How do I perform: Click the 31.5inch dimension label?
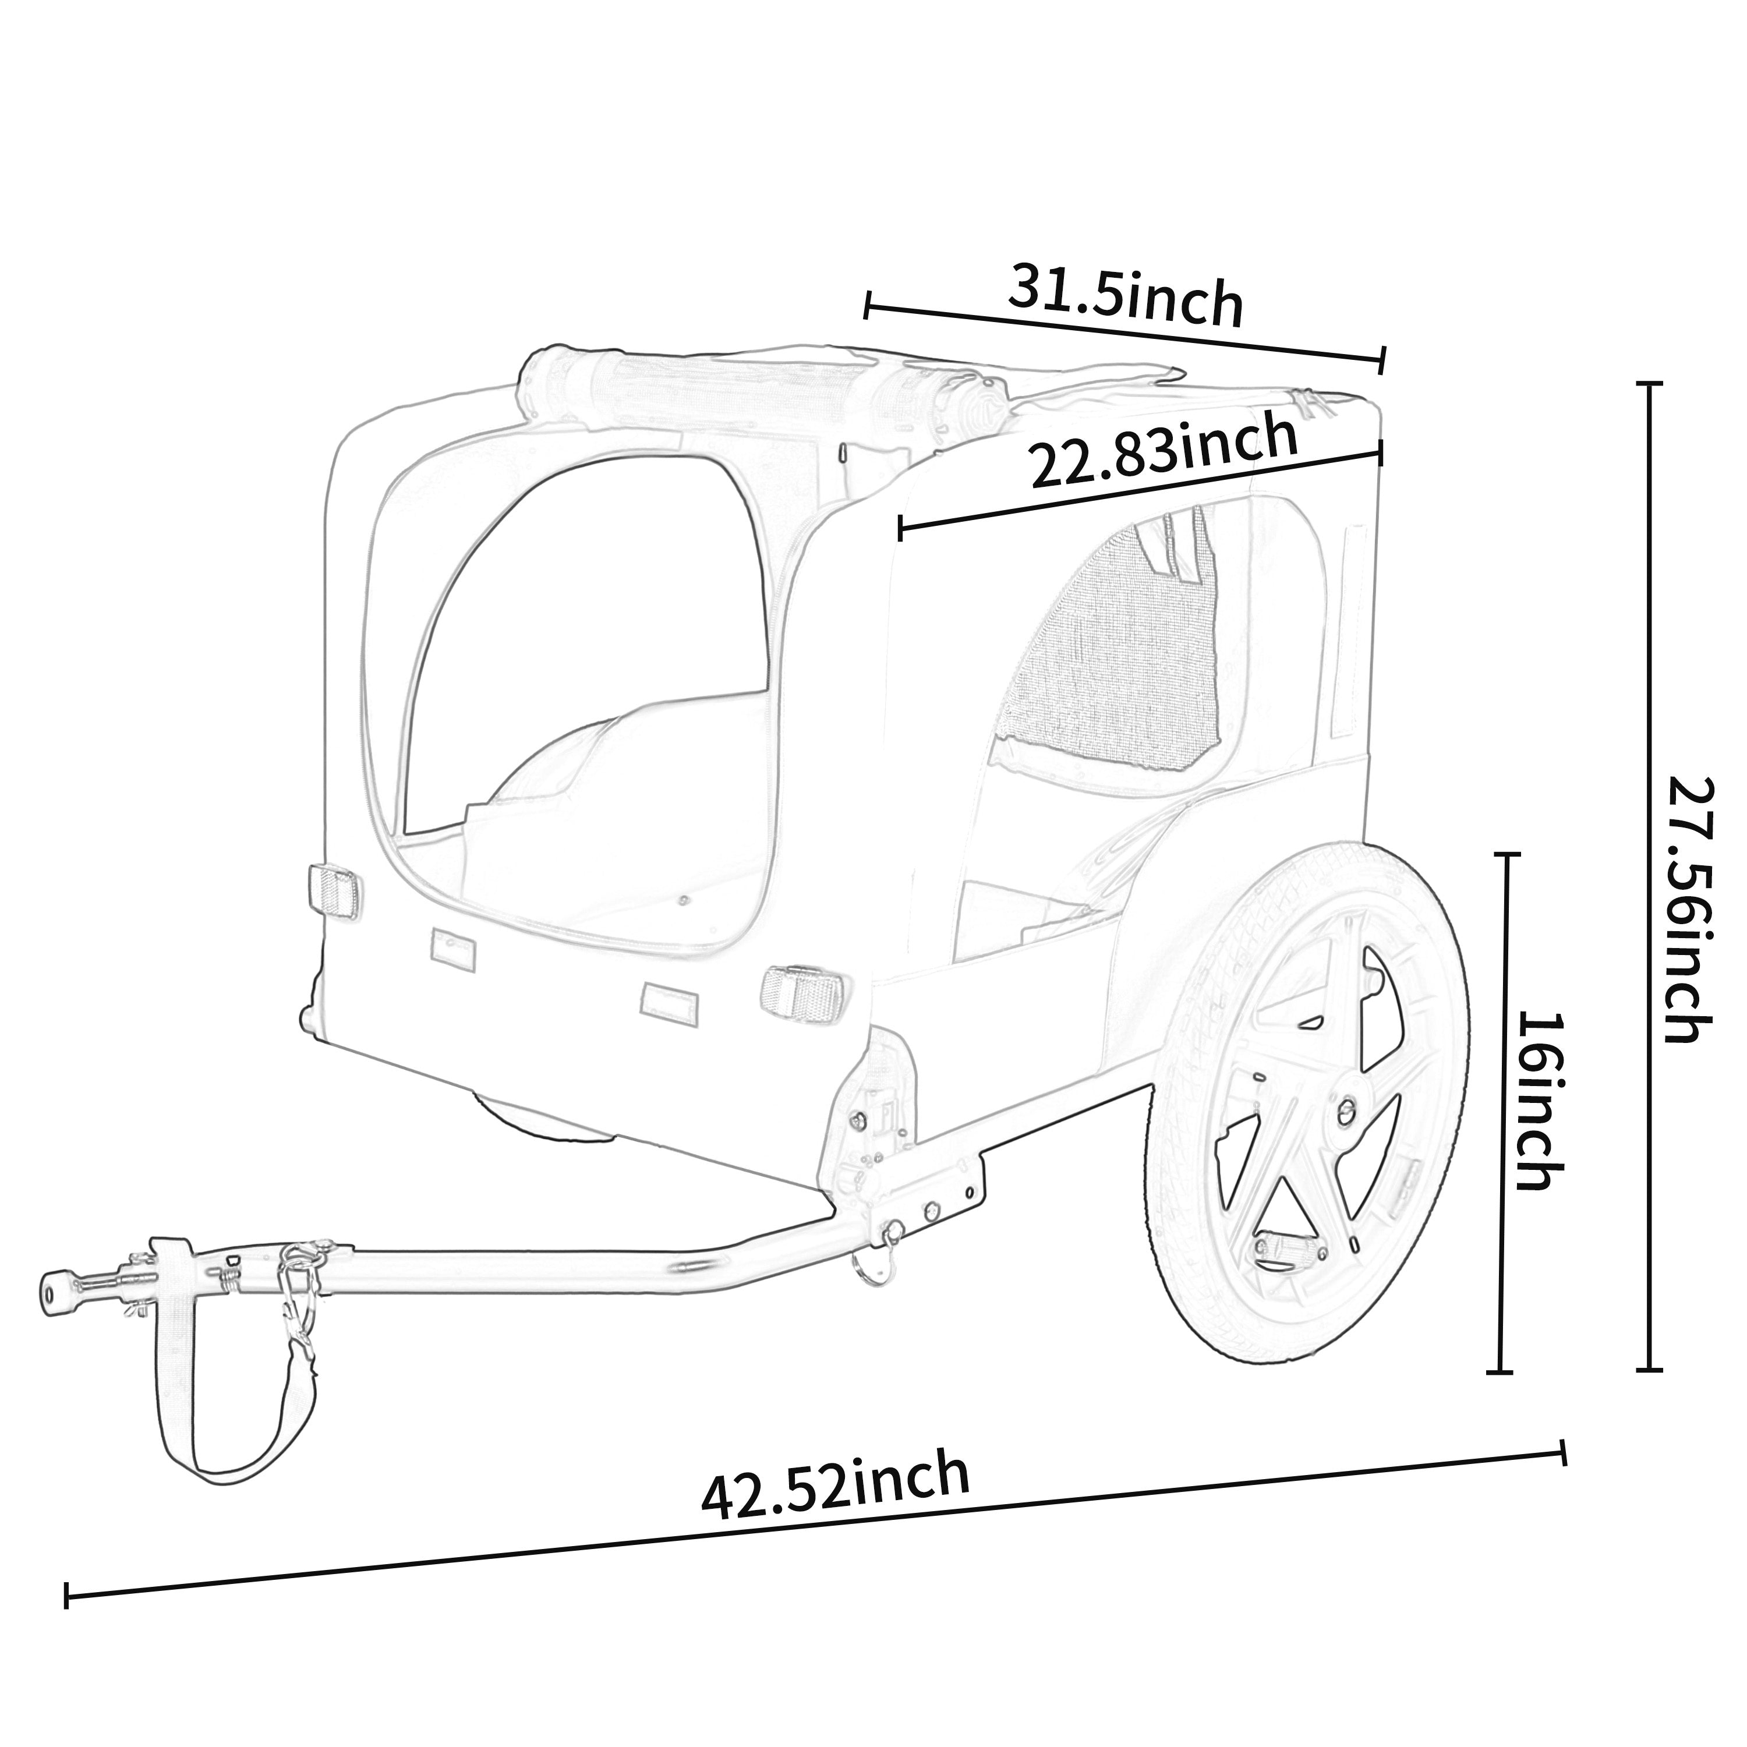pyautogui.click(x=1125, y=295)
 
